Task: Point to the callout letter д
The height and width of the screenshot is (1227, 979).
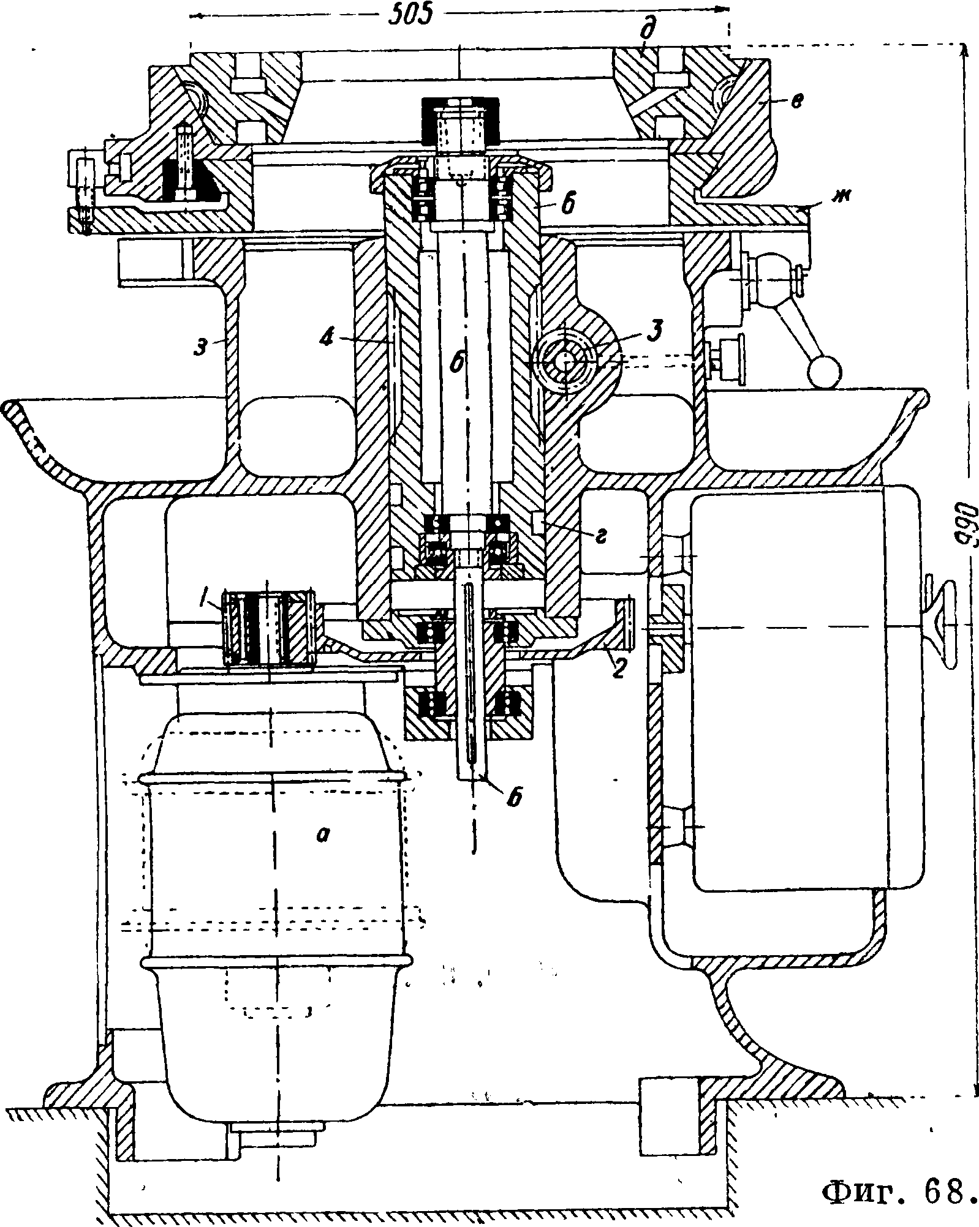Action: [x=644, y=35]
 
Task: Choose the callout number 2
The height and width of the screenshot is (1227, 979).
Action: [x=618, y=669]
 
